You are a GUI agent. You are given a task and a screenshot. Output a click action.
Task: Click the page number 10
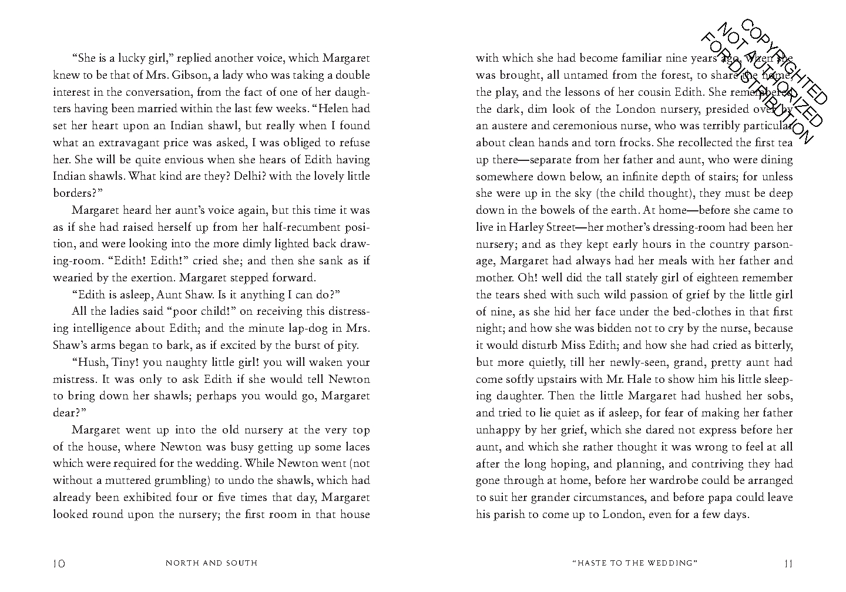click(x=59, y=563)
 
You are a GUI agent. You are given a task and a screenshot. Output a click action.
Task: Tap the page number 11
click(x=788, y=563)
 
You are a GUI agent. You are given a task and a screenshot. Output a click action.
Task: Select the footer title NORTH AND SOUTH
click(x=211, y=563)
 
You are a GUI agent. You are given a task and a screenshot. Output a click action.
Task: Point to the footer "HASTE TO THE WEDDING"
click(x=634, y=563)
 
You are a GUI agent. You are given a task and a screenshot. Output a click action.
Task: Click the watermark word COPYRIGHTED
click(x=784, y=62)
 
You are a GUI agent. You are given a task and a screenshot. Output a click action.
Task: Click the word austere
click(x=511, y=126)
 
